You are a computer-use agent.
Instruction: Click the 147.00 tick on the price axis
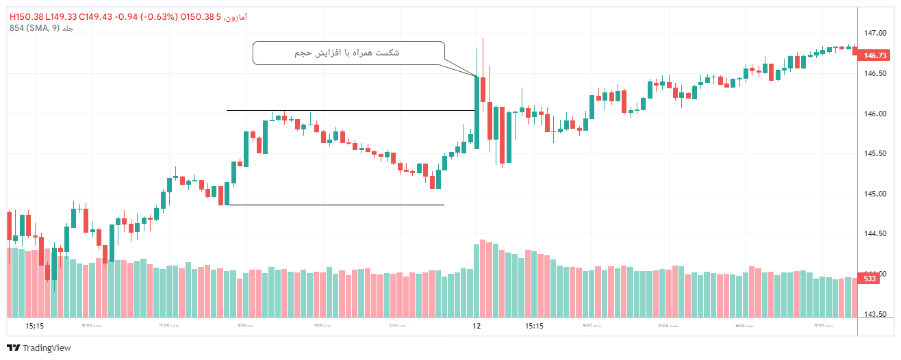tap(874, 33)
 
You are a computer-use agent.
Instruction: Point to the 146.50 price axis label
tap(874, 73)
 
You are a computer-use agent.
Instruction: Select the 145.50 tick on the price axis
tap(874, 153)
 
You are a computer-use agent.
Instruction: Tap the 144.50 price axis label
tap(874, 234)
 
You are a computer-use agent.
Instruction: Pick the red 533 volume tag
tap(870, 279)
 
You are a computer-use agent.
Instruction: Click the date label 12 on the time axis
tap(477, 326)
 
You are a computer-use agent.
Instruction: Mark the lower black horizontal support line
tap(335, 205)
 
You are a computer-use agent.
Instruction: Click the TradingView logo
tap(39, 348)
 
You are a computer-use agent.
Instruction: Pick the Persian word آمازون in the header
tap(236, 16)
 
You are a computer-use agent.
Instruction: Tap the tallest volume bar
tap(483, 278)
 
